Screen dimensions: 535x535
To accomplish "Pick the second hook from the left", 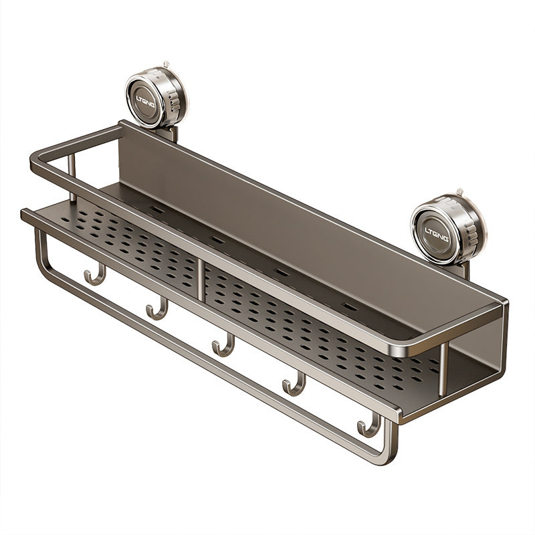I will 157,309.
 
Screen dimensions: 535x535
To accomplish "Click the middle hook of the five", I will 223,346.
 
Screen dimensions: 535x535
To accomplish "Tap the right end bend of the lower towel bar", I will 390,454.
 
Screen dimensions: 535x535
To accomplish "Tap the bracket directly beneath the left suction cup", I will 169,132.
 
